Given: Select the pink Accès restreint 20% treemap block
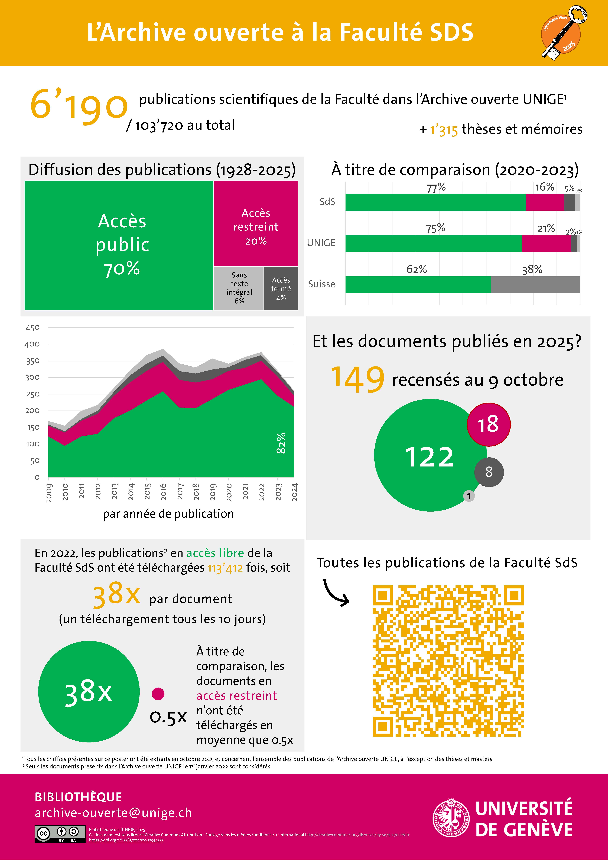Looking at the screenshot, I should tap(256, 224).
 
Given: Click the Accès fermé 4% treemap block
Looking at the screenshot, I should tap(281, 288).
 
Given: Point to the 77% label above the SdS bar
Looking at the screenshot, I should tap(436, 187).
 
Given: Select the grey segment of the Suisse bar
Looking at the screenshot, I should tap(535, 285).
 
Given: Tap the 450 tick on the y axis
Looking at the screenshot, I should tap(33, 328).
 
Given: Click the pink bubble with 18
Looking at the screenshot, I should tap(488, 424).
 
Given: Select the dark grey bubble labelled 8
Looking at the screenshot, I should tap(489, 472).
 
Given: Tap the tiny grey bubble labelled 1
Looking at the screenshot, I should tap(469, 496).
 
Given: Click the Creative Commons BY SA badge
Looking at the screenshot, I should tap(60, 834).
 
